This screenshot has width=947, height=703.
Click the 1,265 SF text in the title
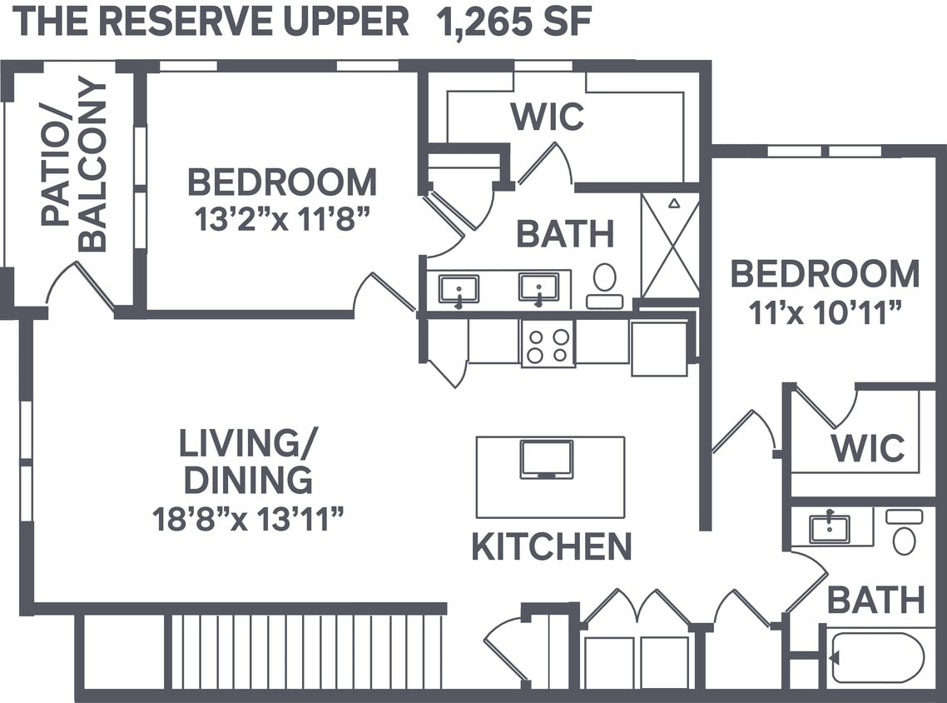pos(514,22)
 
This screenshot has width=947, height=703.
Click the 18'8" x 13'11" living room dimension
pos(248,520)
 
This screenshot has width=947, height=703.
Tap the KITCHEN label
pos(551,547)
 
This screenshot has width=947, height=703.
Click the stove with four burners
pos(548,343)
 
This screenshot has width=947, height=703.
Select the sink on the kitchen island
pos(547,459)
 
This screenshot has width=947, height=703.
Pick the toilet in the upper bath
pos(605,284)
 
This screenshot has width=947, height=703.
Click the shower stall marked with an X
pos(671,244)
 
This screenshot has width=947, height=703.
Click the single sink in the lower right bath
pos(829,527)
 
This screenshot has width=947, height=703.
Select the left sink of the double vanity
pos(459,290)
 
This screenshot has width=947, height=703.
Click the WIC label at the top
pos(547,117)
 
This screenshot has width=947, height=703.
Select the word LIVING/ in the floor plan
pos(248,444)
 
